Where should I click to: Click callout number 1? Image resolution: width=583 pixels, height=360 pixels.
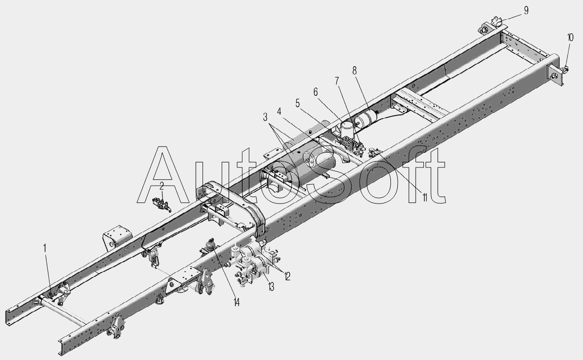point(45,248)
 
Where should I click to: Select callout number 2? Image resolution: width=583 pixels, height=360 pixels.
point(161,185)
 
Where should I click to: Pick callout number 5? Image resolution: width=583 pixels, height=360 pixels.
point(297,104)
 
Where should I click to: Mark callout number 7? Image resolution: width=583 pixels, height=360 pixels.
point(337,81)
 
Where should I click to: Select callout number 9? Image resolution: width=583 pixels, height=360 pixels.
point(526,10)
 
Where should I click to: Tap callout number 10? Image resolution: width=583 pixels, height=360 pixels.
point(570,38)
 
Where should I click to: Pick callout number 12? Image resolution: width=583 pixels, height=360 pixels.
point(287,276)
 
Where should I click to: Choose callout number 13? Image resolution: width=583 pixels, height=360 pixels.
point(271,287)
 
